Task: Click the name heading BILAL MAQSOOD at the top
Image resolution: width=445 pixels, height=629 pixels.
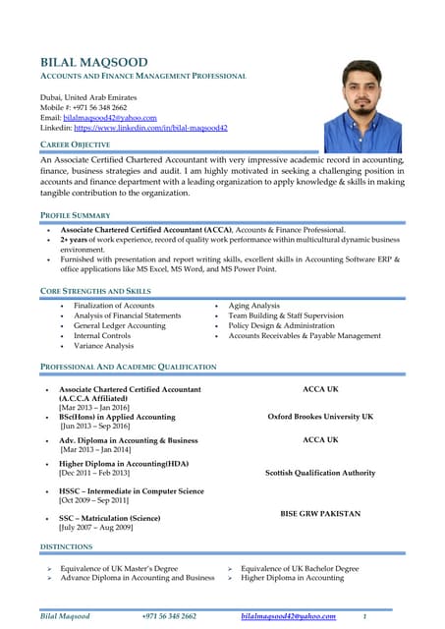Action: (x=93, y=62)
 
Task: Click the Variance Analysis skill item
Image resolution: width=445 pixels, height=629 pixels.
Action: (x=103, y=346)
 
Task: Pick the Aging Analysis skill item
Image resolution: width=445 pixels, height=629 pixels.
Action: (x=253, y=306)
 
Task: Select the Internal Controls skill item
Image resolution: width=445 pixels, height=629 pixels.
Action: (x=102, y=336)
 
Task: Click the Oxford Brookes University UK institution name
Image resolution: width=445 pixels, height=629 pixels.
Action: (x=320, y=417)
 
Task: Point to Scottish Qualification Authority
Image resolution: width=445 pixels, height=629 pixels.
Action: (x=320, y=473)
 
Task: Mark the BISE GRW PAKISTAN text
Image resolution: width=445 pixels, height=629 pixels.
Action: (x=320, y=514)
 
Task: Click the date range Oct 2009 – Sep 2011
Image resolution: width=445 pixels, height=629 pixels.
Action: (x=93, y=500)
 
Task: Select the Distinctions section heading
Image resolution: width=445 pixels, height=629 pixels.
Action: (x=66, y=545)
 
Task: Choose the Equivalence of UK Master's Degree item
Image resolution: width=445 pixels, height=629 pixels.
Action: (x=119, y=568)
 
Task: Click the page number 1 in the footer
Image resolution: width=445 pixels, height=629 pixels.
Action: (x=364, y=616)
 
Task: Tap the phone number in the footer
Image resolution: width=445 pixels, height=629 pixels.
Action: (x=169, y=616)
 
